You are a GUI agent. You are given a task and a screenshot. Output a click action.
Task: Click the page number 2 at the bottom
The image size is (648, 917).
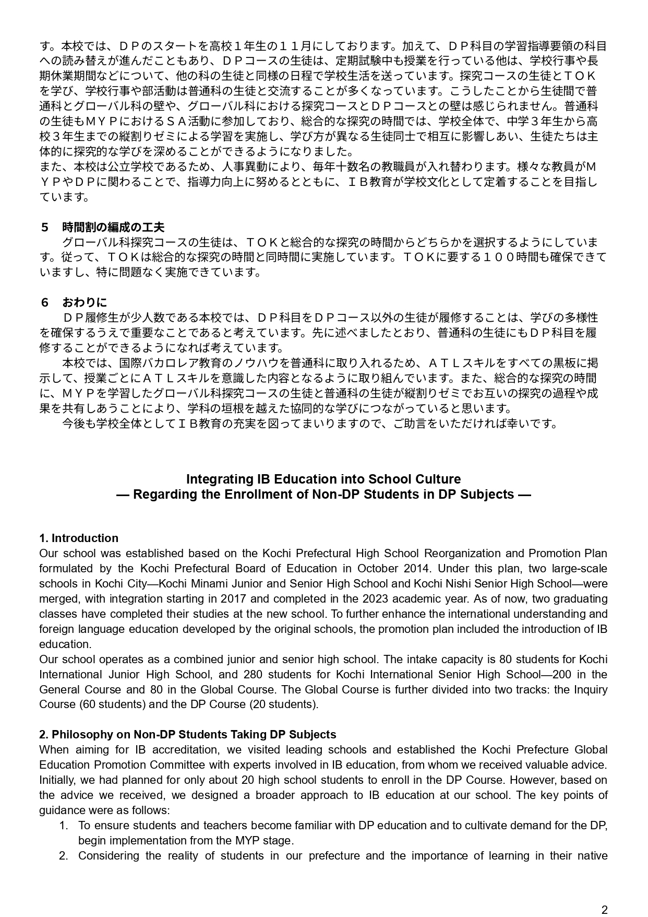coord(604,909)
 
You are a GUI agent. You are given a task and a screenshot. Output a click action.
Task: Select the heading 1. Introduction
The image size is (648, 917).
coord(79,538)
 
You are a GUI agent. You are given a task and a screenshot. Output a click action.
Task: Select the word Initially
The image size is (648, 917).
coord(57,780)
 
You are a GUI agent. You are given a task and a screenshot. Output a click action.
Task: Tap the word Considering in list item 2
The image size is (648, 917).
coord(108,855)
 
